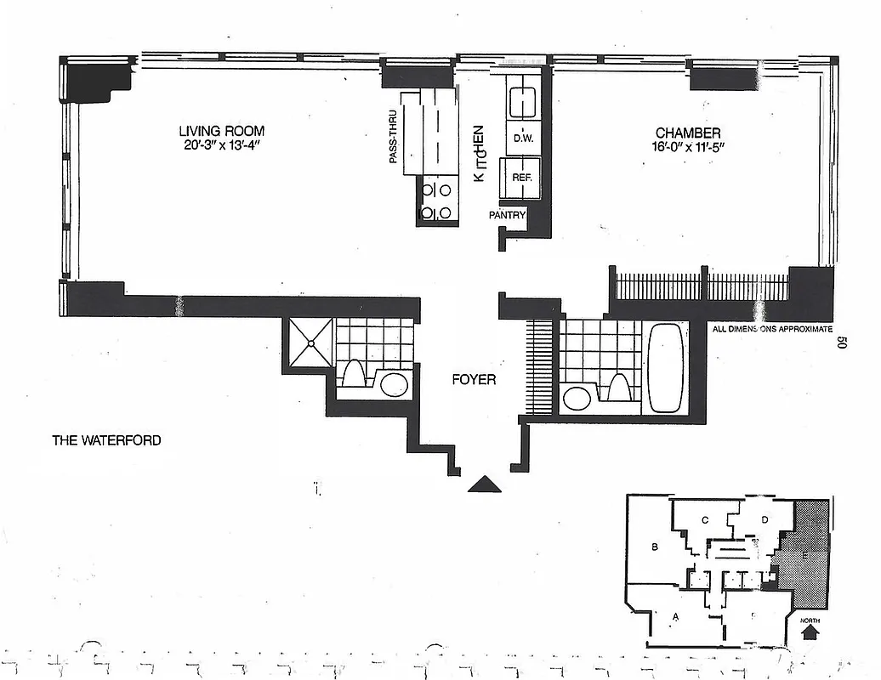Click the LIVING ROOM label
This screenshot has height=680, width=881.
221,131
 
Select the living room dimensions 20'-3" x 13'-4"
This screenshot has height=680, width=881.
221,146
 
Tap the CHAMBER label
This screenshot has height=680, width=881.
687,133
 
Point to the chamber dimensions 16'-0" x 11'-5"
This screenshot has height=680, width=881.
687,147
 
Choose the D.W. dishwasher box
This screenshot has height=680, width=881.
523,137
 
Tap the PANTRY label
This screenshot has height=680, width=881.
507,216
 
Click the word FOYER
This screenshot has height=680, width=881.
474,380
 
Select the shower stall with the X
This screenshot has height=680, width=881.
311,343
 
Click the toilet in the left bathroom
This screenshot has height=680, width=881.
355,374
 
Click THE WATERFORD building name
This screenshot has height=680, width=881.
106,440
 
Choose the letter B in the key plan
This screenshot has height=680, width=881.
655,547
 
